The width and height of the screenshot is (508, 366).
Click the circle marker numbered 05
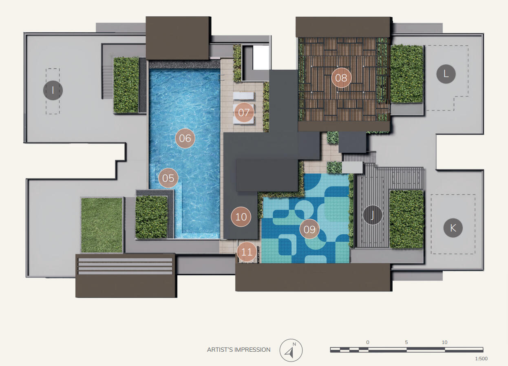[x=168, y=178]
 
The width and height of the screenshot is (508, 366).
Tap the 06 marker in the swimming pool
[x=185, y=138]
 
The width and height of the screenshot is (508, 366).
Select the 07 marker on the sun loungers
[x=244, y=112]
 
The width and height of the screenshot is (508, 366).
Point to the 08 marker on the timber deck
[x=341, y=78]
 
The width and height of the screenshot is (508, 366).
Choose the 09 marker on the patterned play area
[x=309, y=229]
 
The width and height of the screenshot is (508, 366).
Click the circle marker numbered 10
[x=241, y=217]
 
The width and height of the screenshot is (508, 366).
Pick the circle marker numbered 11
[x=247, y=252]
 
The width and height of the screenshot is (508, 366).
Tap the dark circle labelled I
[x=53, y=90]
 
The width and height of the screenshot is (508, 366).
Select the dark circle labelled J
[x=373, y=215]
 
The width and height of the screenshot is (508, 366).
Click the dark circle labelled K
[x=453, y=228]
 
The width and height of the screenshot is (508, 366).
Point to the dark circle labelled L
[x=446, y=74]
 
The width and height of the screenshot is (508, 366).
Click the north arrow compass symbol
[x=291, y=351]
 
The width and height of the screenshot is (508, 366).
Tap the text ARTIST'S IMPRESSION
[x=239, y=350]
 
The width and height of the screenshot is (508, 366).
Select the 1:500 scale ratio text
[x=481, y=359]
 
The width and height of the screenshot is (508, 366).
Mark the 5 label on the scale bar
[x=406, y=342]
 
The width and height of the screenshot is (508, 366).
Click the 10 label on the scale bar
[x=444, y=342]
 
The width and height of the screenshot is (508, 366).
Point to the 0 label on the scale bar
[x=368, y=342]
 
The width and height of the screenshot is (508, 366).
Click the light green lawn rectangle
[x=102, y=225]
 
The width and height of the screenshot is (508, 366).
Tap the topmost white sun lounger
[x=243, y=96]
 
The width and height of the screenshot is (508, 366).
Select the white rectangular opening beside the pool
[x=261, y=57]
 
